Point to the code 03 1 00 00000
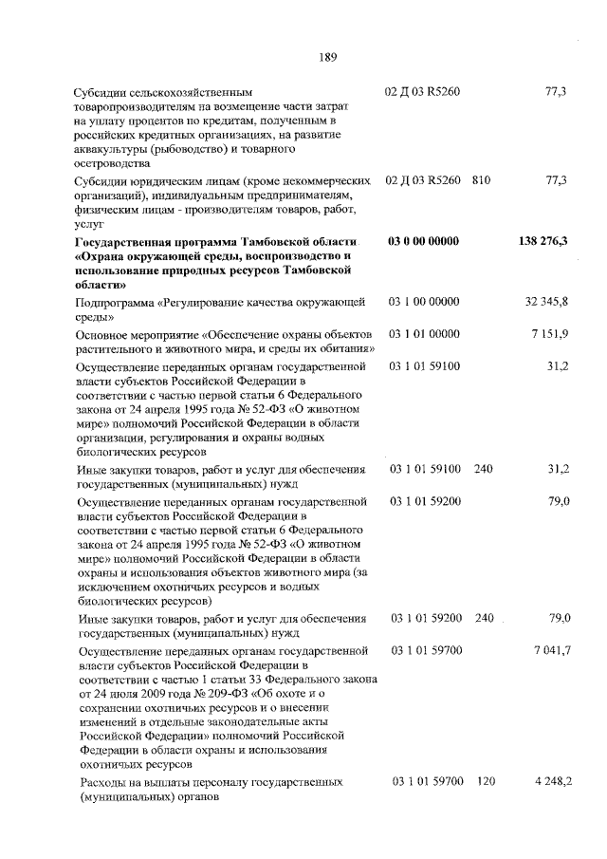point(424,302)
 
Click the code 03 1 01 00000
point(424,334)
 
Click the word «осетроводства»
point(112,162)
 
